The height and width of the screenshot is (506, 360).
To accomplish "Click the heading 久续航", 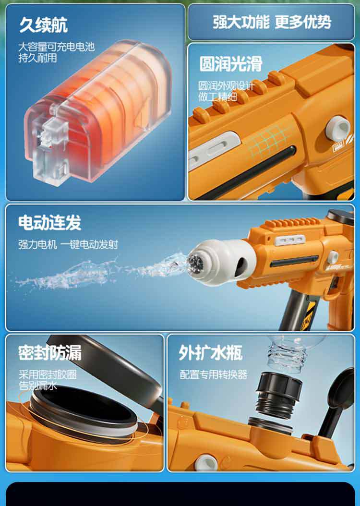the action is (x=43, y=25).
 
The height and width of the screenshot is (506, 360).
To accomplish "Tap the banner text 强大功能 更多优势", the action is (x=272, y=22).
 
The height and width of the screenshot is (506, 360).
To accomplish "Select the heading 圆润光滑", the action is (x=231, y=63).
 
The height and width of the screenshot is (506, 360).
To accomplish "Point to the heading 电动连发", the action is (x=49, y=222).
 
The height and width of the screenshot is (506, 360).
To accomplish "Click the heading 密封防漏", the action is (x=49, y=352).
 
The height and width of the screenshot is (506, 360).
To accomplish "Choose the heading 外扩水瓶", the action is (x=210, y=353).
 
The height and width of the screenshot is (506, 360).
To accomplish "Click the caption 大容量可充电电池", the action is (x=57, y=47).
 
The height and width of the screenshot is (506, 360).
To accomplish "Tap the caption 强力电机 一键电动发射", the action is (x=68, y=244).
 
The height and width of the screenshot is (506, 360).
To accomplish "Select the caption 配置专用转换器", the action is (x=214, y=374).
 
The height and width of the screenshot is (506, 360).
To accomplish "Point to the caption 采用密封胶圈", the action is (x=48, y=374).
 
